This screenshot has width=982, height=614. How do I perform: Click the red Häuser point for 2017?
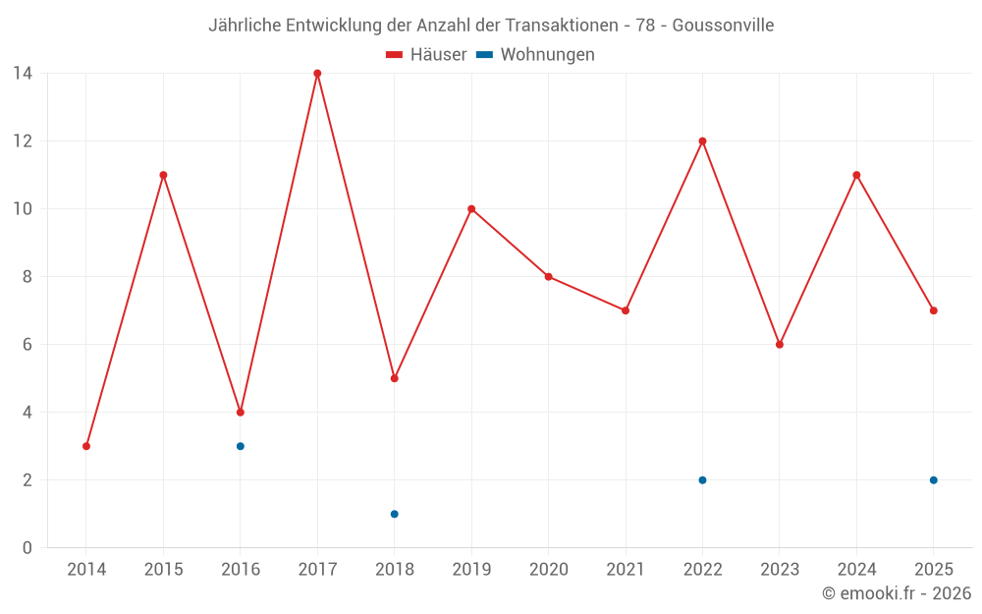click(x=317, y=74)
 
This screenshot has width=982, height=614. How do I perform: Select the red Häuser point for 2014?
click(x=86, y=446)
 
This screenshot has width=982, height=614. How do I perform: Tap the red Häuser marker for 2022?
click(x=703, y=140)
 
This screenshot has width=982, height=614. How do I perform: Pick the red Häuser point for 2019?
click(x=471, y=208)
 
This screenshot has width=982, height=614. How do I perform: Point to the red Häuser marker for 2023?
click(x=780, y=345)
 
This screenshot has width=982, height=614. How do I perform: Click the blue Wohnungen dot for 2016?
click(x=241, y=446)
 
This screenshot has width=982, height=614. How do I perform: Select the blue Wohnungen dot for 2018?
click(x=395, y=515)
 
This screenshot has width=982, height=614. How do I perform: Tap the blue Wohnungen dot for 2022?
click(x=703, y=480)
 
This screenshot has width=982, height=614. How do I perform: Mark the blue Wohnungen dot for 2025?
click(x=934, y=480)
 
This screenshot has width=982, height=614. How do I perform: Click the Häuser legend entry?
click(x=426, y=54)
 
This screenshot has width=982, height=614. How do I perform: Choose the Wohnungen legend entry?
click(x=535, y=54)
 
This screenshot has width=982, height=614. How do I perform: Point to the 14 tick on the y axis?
click(x=23, y=74)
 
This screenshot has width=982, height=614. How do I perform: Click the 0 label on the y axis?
click(x=27, y=547)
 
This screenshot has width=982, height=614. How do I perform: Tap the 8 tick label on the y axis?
click(x=27, y=276)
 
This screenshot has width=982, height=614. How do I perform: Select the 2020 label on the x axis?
click(x=549, y=569)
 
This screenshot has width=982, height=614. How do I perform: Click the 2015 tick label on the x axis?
click(x=163, y=569)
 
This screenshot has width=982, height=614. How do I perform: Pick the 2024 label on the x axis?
click(x=856, y=569)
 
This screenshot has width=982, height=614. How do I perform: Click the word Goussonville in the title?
click(x=724, y=26)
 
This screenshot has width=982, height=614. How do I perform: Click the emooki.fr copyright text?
click(x=897, y=593)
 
